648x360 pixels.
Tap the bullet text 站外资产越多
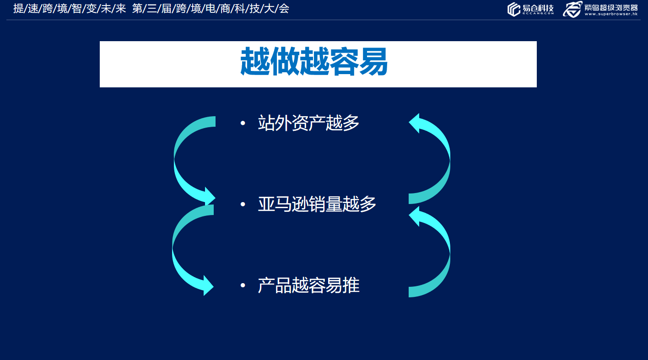click(x=308, y=123)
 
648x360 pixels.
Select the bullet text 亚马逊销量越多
click(x=317, y=204)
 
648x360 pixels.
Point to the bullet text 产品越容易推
click(x=308, y=285)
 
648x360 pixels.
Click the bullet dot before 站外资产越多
click(x=243, y=123)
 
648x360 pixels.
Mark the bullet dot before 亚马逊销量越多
click(x=243, y=204)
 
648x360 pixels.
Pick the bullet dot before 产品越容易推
click(x=243, y=286)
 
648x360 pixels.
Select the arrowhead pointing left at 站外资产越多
click(x=416, y=123)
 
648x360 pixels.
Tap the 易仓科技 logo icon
click(x=514, y=9)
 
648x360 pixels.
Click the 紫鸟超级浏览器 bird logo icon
click(x=572, y=9)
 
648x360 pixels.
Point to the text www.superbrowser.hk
click(x=611, y=14)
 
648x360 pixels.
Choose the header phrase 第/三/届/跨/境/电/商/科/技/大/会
click(x=211, y=8)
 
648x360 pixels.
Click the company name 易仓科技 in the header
click(x=538, y=8)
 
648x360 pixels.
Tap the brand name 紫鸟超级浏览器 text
click(x=611, y=7)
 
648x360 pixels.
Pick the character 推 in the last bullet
click(x=351, y=285)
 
